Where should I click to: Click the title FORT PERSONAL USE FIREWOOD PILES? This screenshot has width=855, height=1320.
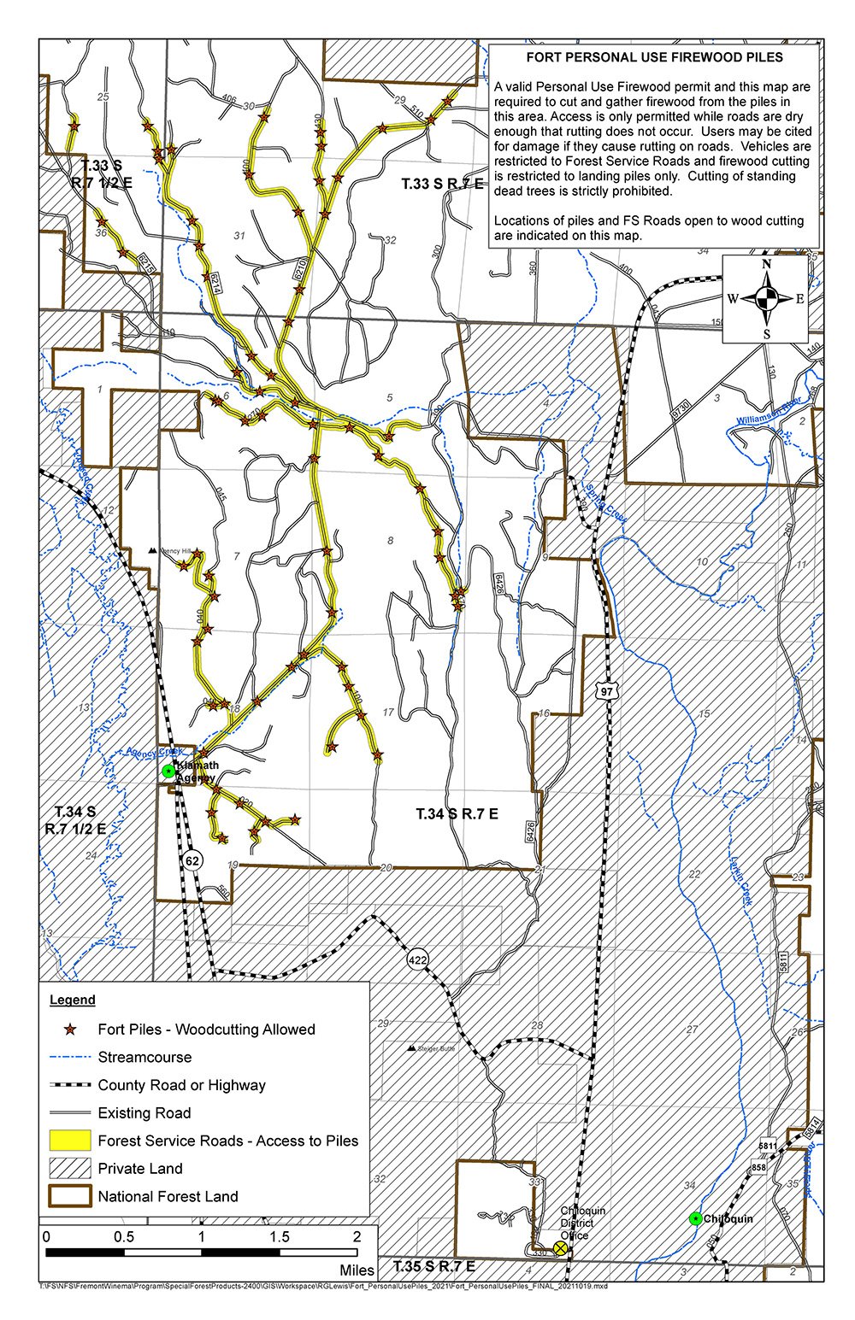654,58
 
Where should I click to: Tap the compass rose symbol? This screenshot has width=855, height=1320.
767,298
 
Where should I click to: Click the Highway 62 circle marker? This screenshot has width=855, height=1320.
192,860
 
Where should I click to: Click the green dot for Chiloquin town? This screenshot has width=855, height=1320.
696,1218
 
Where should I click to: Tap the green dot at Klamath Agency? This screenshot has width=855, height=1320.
168,771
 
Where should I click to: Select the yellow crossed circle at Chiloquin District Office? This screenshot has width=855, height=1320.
560,1248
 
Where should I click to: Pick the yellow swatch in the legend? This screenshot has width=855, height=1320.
68,1141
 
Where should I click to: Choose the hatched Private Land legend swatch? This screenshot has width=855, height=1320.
68,1168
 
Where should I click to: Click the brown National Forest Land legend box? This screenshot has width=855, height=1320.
68,1196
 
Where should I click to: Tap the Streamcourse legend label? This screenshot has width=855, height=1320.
144,1057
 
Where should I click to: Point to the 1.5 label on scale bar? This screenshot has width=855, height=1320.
280,1236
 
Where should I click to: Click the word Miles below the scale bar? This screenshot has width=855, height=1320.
357,1270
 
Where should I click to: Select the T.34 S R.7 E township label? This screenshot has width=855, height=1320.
457,813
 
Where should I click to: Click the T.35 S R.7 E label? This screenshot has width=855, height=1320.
433,1266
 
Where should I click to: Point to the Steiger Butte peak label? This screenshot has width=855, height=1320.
436,1048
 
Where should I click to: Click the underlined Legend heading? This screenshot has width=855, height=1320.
73,1000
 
